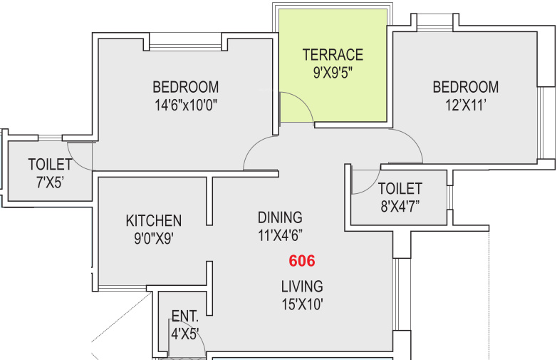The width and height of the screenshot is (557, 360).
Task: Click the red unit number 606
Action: click(x=302, y=261)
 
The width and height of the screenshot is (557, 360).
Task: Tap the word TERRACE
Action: click(x=333, y=55)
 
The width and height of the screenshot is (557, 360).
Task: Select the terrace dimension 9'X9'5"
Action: click(x=333, y=73)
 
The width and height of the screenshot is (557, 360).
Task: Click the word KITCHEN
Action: click(x=153, y=221)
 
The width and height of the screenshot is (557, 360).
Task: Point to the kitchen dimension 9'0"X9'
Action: click(x=153, y=238)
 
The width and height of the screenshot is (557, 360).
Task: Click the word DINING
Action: click(x=280, y=217)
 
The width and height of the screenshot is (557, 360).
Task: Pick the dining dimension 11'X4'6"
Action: click(x=280, y=235)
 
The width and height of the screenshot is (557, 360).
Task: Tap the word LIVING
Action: click(x=302, y=287)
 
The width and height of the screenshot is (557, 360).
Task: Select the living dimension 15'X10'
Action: click(x=302, y=304)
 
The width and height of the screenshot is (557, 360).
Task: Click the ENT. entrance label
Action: click(x=184, y=316)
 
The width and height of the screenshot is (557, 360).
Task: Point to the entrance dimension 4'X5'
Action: click(x=184, y=334)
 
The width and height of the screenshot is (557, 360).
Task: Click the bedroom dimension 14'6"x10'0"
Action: click(x=185, y=106)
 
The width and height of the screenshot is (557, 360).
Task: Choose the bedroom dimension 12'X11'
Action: click(x=465, y=106)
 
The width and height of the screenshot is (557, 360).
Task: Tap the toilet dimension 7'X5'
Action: click(x=50, y=182)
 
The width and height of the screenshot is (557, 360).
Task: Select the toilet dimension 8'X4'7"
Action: click(x=400, y=206)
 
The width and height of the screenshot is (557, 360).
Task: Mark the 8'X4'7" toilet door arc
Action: click(x=372, y=187)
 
